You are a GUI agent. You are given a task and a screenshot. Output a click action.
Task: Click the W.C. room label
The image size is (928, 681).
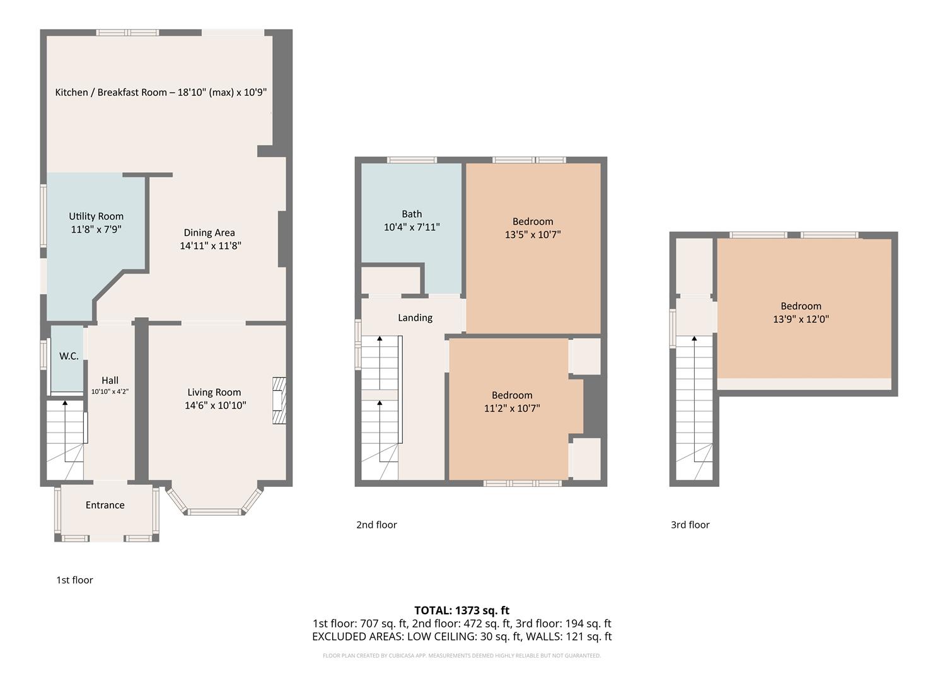click(69, 356)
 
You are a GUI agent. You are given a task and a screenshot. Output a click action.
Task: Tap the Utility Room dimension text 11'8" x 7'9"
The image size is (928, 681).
click(96, 230)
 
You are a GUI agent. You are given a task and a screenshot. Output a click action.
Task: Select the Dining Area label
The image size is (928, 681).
click(209, 233)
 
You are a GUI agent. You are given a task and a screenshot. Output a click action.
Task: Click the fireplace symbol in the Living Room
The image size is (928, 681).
click(279, 401)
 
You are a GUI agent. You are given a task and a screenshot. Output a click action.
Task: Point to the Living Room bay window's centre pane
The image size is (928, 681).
click(214, 512)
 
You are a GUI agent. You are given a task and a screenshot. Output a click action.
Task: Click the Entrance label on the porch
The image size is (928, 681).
click(105, 505)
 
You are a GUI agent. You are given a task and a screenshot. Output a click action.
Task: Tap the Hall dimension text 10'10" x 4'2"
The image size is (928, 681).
click(110, 392)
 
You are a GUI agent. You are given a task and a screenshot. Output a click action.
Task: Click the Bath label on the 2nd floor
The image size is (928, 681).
click(412, 214)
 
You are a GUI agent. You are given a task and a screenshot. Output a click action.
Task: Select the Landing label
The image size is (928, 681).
click(415, 318)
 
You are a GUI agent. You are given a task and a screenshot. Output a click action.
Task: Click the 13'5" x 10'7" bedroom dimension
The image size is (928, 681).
click(533, 235)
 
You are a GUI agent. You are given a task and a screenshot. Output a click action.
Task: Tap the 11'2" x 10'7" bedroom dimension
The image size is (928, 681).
click(512, 409)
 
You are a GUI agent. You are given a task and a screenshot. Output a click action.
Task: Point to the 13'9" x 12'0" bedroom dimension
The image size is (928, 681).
click(801, 319)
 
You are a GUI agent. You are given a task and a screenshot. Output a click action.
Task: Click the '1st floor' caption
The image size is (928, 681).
click(74, 580)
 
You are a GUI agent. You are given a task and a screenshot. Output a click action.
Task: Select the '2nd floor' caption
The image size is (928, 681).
click(376, 525)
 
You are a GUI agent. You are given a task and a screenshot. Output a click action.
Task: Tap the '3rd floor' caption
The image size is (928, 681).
click(690, 525)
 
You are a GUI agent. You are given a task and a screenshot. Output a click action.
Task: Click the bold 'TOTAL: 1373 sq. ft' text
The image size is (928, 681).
click(461, 610)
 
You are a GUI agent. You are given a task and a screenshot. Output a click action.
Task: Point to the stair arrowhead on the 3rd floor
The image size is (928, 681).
click(695, 339)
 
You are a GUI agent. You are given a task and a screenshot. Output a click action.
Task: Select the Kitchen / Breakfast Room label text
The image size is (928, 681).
click(161, 92)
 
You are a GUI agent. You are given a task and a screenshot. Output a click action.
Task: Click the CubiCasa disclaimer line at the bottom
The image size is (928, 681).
click(461, 656)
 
